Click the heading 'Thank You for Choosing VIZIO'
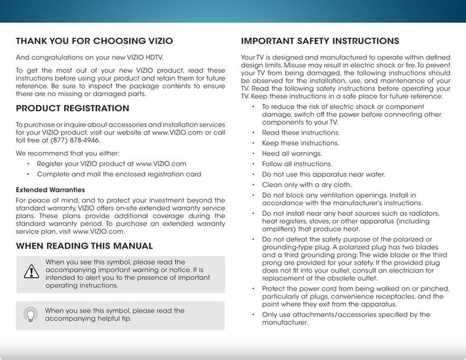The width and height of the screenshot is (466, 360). tap(94, 41)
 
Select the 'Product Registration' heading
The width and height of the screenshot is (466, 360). tap(73, 108)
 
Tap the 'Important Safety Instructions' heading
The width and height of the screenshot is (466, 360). tap(320, 41)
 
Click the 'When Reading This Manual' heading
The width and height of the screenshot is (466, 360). tap(84, 246)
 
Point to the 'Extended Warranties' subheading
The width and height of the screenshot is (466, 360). tap(50, 190)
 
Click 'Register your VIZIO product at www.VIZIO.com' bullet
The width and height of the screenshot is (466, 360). tap(111, 164)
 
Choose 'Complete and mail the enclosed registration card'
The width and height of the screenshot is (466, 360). tap(119, 174)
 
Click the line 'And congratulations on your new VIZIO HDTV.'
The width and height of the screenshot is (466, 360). tap(89, 58)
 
